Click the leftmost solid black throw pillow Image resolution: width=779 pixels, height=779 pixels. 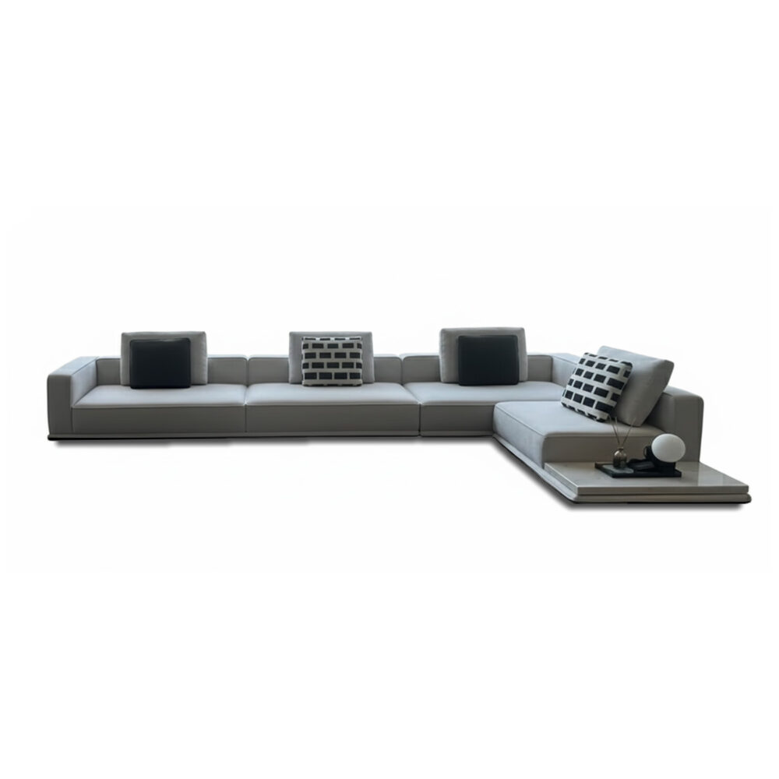[160, 363]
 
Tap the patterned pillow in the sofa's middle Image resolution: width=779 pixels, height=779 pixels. [333, 361]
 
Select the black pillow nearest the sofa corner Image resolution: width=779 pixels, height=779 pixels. [488, 360]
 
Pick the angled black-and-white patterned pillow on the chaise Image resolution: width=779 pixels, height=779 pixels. [596, 386]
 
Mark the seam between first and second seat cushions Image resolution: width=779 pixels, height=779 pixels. [246, 409]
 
